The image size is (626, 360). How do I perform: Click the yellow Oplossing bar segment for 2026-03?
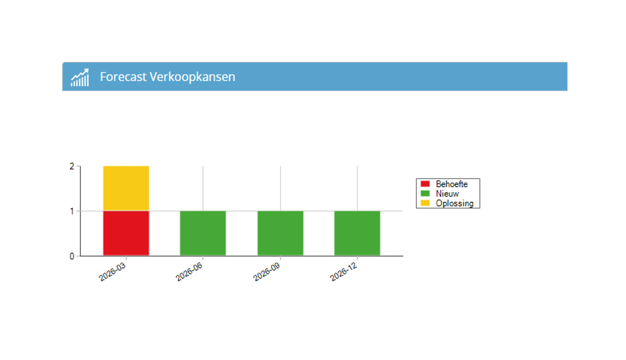tap(126, 188)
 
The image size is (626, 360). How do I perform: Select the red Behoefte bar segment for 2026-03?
tap(126, 233)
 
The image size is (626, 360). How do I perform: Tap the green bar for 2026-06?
tap(203, 233)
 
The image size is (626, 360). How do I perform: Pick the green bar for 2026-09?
tap(280, 233)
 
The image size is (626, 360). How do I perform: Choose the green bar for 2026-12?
tap(357, 233)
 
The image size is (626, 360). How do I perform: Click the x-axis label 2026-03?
tap(113, 272)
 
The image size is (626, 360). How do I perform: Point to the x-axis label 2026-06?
tap(189, 272)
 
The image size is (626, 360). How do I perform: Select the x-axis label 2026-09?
tap(267, 272)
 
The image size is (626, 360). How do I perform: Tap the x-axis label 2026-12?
tap(344, 272)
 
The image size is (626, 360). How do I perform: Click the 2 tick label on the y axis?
tap(72, 166)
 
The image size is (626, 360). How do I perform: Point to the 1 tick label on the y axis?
tap(72, 211)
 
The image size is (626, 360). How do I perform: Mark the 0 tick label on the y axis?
tap(72, 256)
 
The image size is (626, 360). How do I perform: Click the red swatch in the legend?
tap(425, 184)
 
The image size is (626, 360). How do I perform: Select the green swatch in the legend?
tap(425, 193)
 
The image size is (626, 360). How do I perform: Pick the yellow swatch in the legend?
tap(425, 203)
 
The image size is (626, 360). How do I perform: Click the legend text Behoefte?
tap(452, 184)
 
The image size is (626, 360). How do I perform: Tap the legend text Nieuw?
tap(447, 194)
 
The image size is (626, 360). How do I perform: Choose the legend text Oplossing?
tap(454, 203)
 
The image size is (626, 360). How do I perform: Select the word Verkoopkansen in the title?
tap(192, 77)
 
